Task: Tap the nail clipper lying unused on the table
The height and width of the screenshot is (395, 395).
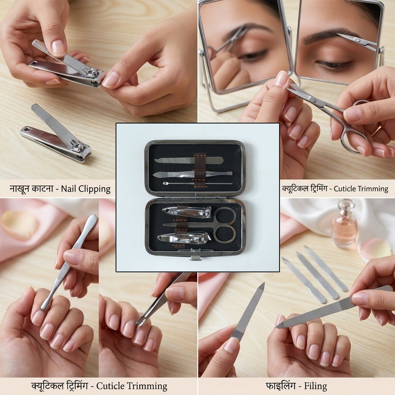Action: pyautogui.click(x=56, y=135)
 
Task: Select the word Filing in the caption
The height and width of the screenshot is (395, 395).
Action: pyautogui.click(x=315, y=386)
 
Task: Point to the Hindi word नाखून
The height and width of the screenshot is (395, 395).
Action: pyautogui.click(x=20, y=189)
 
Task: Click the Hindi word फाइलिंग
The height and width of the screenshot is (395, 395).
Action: pyautogui.click(x=280, y=386)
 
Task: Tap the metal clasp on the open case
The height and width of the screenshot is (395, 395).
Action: pyautogui.click(x=194, y=258)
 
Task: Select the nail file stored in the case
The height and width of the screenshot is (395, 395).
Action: pyautogui.click(x=189, y=160)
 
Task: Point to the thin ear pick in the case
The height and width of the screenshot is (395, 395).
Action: pyautogui.click(x=197, y=183)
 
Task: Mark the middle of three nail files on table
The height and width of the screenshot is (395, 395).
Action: pyautogui.click(x=317, y=276)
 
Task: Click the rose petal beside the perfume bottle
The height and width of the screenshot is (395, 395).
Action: pyautogui.click(x=376, y=248)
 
